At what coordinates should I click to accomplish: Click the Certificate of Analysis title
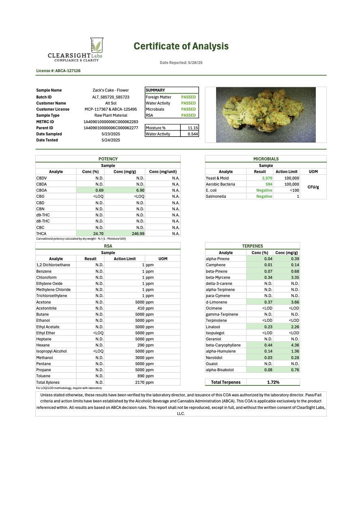point(181,46)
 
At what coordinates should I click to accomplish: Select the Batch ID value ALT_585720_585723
point(111,97)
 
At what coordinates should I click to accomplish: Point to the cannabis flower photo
point(266,115)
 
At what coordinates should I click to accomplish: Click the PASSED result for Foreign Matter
point(188,97)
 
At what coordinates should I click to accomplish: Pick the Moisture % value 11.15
point(193,128)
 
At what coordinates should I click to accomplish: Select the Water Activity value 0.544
point(193,134)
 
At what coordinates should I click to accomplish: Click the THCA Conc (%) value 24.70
point(99,233)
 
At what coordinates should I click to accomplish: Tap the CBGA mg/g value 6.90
point(139,190)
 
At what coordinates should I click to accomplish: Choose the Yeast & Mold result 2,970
point(267,178)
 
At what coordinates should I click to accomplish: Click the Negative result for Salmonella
point(264,196)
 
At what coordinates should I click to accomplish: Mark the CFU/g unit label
point(313,187)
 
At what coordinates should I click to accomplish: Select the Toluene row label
point(43,376)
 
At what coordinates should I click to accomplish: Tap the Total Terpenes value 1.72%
point(273,382)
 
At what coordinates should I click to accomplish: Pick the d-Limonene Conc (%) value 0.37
point(268,302)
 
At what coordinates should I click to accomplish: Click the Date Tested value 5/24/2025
point(111,140)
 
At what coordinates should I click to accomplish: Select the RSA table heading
point(108,246)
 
